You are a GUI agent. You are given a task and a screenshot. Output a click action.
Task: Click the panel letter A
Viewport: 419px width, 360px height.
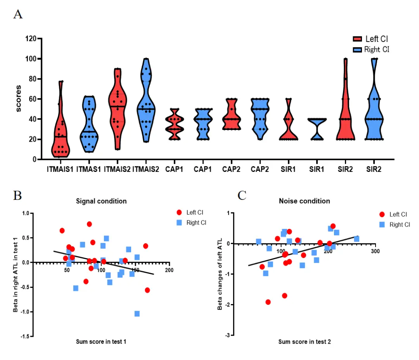[x=18, y=15]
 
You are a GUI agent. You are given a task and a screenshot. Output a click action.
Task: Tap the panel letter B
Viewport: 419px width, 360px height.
[x=18, y=195]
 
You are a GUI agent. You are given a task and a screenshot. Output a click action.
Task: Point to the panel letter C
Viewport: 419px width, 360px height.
[x=242, y=195]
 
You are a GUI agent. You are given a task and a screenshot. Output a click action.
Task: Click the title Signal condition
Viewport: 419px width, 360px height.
[x=101, y=201]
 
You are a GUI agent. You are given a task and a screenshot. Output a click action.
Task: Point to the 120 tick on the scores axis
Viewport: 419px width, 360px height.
[x=31, y=39]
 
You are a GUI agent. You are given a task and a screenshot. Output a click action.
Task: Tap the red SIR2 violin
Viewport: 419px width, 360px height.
[x=345, y=112]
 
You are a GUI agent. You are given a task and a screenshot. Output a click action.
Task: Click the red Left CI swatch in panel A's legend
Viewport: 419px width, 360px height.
[x=357, y=39]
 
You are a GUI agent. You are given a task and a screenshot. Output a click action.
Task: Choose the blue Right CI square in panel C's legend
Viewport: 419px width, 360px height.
[x=382, y=225]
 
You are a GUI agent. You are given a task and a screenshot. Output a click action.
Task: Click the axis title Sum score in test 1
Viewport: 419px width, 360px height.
[x=100, y=342]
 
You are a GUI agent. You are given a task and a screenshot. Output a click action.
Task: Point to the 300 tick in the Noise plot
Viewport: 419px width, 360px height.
[x=375, y=251]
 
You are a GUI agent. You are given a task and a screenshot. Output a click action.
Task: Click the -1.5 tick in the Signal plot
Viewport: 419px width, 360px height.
[x=25, y=337]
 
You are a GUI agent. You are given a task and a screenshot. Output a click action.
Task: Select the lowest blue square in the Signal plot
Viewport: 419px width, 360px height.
[x=137, y=313]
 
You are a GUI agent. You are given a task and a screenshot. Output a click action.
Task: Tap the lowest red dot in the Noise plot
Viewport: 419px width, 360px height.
[x=268, y=302]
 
